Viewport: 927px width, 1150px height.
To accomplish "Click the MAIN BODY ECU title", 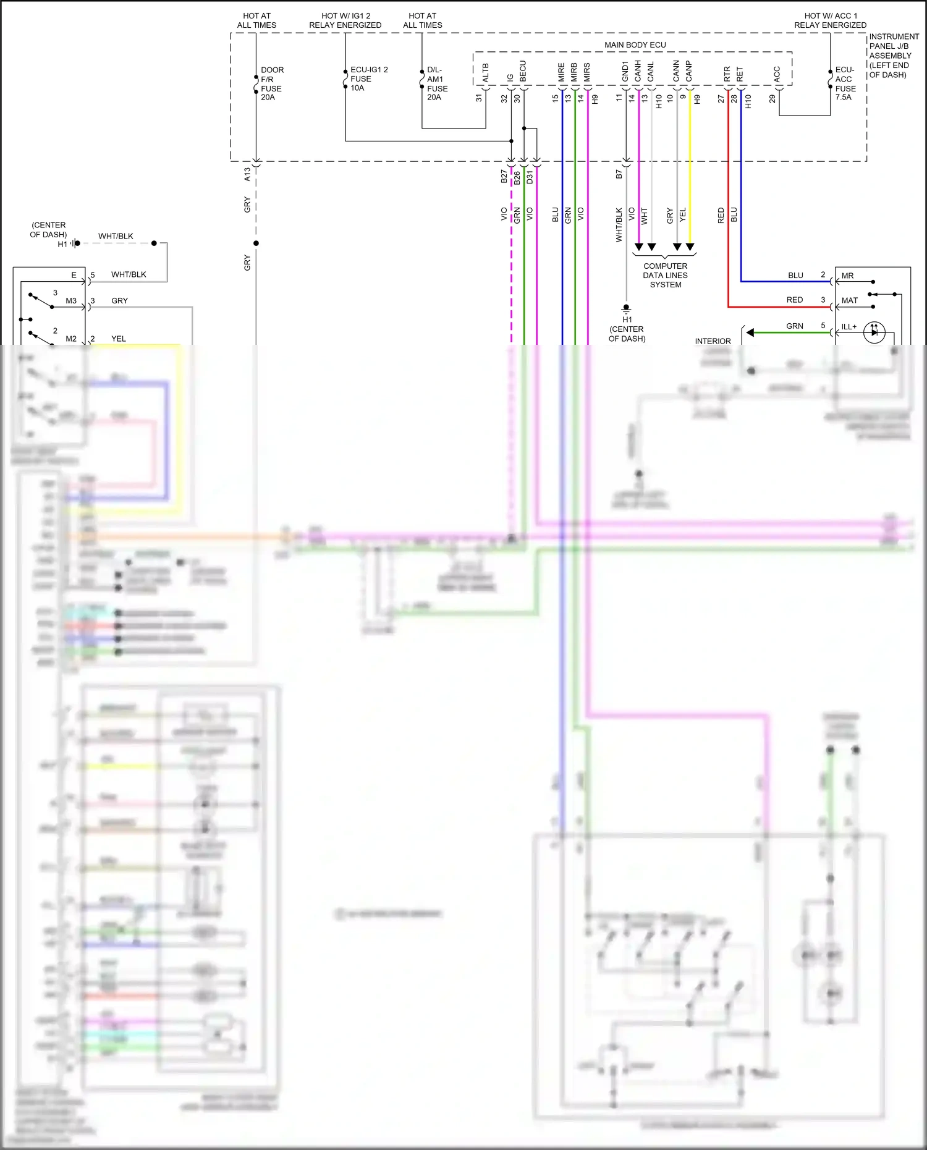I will (x=635, y=44).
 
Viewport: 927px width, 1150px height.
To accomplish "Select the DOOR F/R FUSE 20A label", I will (x=271, y=83).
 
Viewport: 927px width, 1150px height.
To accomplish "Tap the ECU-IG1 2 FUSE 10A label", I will (x=368, y=78).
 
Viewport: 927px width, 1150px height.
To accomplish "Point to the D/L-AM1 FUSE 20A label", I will (x=436, y=83).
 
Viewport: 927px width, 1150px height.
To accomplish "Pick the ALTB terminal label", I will (x=486, y=72).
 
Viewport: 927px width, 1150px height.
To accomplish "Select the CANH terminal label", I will (x=638, y=71).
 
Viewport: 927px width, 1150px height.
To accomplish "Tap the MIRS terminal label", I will (x=587, y=72).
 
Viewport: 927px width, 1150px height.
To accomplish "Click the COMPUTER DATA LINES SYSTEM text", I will (x=665, y=275).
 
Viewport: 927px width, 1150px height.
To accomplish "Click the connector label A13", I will (x=247, y=174).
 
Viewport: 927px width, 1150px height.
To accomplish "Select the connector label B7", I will (x=619, y=175).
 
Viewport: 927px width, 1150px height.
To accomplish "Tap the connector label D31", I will (x=530, y=177).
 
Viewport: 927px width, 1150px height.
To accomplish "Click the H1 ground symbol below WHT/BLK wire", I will (x=626, y=308).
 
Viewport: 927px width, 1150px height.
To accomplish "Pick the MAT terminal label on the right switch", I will (x=849, y=300).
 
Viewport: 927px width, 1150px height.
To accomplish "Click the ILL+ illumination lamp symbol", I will (x=874, y=332).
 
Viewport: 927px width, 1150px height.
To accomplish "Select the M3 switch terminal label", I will (x=71, y=301).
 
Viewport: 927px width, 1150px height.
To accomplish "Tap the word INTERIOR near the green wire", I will (x=713, y=341).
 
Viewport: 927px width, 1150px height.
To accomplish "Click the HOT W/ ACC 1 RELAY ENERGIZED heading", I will (x=830, y=20).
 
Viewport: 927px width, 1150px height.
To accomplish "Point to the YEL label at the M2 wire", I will (x=119, y=339).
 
